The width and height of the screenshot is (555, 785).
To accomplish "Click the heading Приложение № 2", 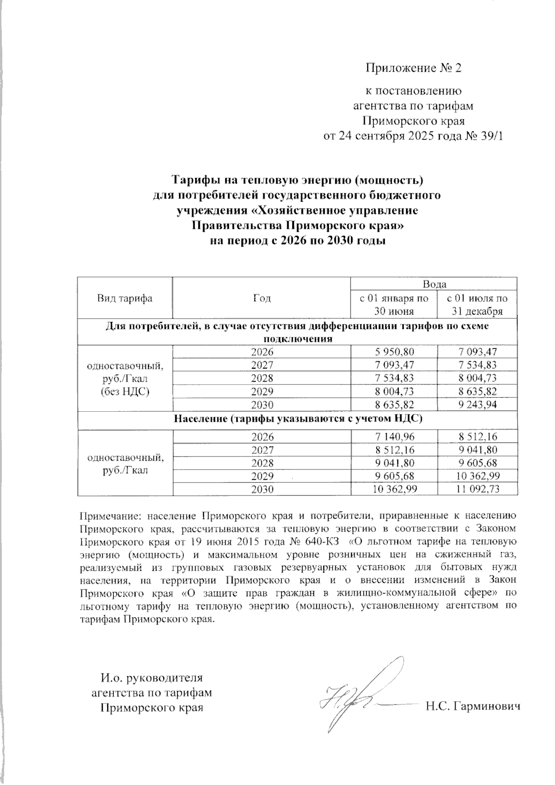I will pos(413,68).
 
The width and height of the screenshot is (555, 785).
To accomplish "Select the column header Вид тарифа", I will pos(124,298).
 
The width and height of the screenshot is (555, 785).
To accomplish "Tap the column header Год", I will pos(262,298).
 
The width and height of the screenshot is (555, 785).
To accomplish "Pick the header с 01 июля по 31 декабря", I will pos(477,304).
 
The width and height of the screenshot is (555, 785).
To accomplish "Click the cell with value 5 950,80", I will pos(395,352).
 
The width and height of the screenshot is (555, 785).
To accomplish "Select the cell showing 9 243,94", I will pos(477,405).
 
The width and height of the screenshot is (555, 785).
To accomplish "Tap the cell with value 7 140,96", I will pos(395,437).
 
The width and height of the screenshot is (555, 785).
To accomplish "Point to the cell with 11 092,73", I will pos(477,489).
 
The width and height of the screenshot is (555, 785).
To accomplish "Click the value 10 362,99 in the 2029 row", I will pos(477,476).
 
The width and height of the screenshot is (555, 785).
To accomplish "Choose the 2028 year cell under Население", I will pos(262,463).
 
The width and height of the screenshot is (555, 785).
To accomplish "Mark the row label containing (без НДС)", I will pos(124,392).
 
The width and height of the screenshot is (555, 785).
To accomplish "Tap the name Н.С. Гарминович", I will pos(473,706).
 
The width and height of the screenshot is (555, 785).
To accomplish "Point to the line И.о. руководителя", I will pos(152,679).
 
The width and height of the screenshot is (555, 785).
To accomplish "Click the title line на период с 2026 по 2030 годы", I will pos(297,241).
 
